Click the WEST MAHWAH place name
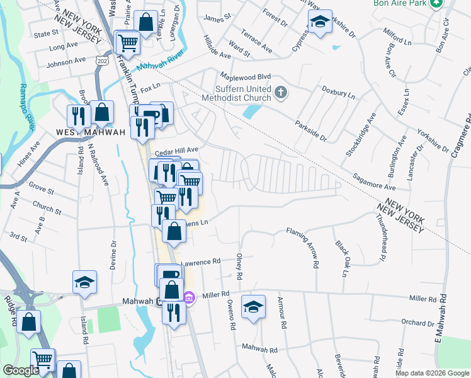(x=90, y=132)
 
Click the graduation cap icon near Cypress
(x=320, y=23)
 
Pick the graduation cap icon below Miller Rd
(x=253, y=307)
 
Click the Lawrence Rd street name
(x=201, y=260)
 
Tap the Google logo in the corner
(x=21, y=370)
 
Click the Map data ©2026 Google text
(x=432, y=373)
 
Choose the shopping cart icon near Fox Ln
(x=128, y=43)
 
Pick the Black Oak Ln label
(x=343, y=258)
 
